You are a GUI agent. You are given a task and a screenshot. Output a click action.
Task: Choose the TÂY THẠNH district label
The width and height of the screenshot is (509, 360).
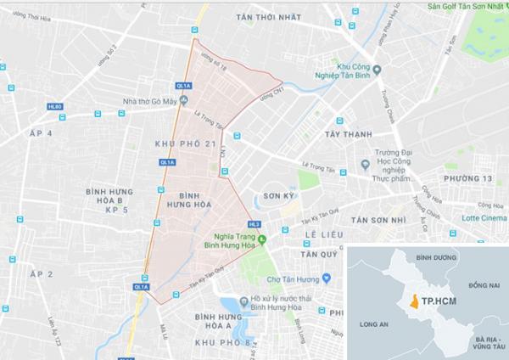[348, 133]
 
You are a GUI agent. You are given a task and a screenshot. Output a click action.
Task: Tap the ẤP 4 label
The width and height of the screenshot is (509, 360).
[41, 134]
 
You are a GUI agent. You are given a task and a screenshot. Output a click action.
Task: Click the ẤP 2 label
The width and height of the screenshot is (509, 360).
[41, 274]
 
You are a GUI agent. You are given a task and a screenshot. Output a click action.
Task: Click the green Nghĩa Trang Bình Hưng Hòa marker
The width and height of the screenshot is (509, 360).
[262, 239]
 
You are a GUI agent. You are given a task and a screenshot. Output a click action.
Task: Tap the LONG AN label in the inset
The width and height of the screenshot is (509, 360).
[374, 323]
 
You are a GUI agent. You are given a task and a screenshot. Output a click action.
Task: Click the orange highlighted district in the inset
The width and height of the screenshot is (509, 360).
[413, 301]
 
